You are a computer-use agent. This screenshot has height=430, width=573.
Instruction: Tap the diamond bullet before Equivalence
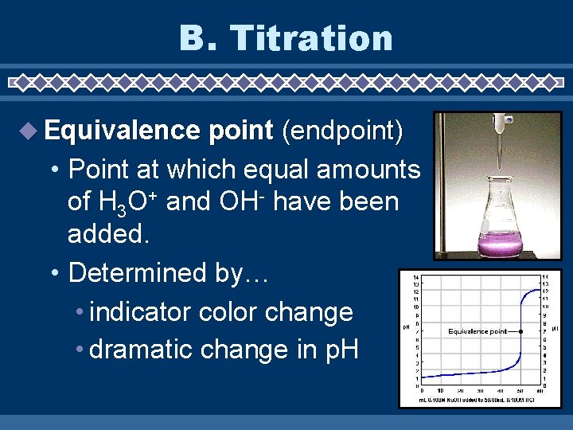[x=29, y=131]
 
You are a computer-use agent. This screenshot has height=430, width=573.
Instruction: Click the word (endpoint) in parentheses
[x=342, y=131]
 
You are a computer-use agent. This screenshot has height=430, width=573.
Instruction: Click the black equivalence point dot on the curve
[x=520, y=330]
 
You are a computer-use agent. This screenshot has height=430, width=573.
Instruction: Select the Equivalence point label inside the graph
[x=477, y=331]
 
